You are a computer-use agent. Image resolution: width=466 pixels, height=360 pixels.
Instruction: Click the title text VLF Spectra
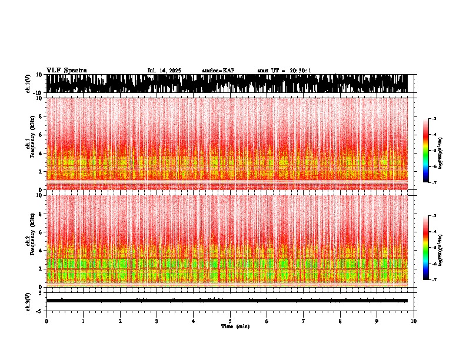[66, 71]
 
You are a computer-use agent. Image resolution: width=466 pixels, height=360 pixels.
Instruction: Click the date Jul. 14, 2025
[164, 71]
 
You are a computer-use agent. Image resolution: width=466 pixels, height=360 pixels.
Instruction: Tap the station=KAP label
[218, 71]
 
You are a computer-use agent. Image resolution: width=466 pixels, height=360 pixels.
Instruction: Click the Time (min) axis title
[235, 326]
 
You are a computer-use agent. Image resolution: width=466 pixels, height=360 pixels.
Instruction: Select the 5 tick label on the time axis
[230, 321]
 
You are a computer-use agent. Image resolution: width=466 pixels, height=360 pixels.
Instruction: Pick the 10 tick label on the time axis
[414, 321]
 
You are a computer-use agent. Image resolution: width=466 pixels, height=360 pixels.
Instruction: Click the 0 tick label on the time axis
[46, 321]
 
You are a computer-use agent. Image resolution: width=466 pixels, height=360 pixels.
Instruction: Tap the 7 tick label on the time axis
[304, 321]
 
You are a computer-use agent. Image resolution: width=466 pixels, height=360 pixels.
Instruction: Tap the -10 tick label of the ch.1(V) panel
[37, 93]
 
